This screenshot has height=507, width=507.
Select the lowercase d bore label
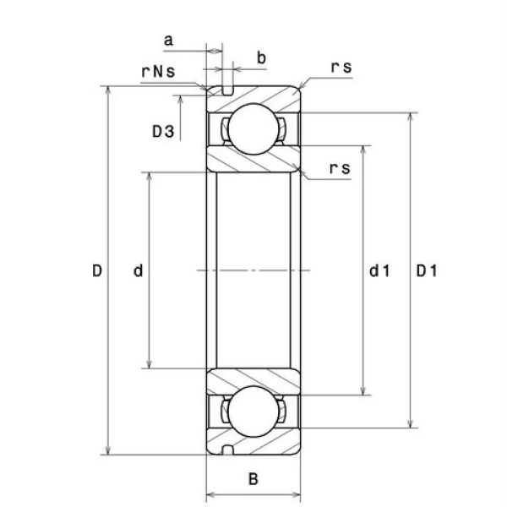tap(138, 271)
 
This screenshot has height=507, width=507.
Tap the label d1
tap(379, 271)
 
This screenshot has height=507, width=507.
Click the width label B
tap(253, 480)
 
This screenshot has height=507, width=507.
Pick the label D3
tap(163, 132)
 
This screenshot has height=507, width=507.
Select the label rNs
tap(158, 71)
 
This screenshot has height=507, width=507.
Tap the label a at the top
tap(168, 40)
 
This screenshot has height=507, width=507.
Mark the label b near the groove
tap(261, 57)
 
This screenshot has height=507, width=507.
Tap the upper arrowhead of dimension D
tap(109, 90)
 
